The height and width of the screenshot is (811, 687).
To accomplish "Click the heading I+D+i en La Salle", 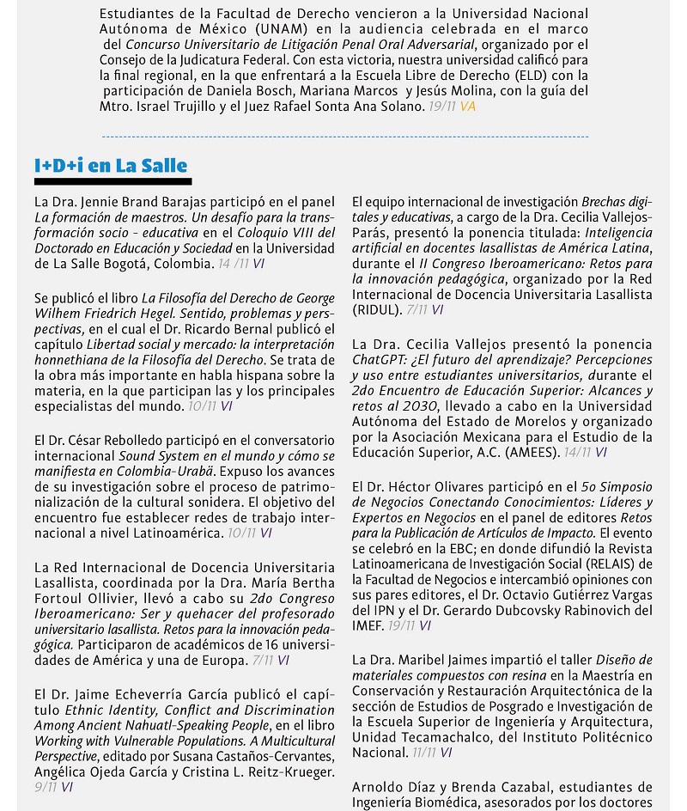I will point(111,166).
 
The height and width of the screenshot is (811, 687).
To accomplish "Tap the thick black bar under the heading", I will point(112,181).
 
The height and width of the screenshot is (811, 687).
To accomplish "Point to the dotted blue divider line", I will point(344,137).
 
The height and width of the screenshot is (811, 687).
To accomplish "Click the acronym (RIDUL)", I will point(380,309).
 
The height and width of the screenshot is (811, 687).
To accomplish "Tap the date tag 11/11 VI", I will point(432,753).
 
